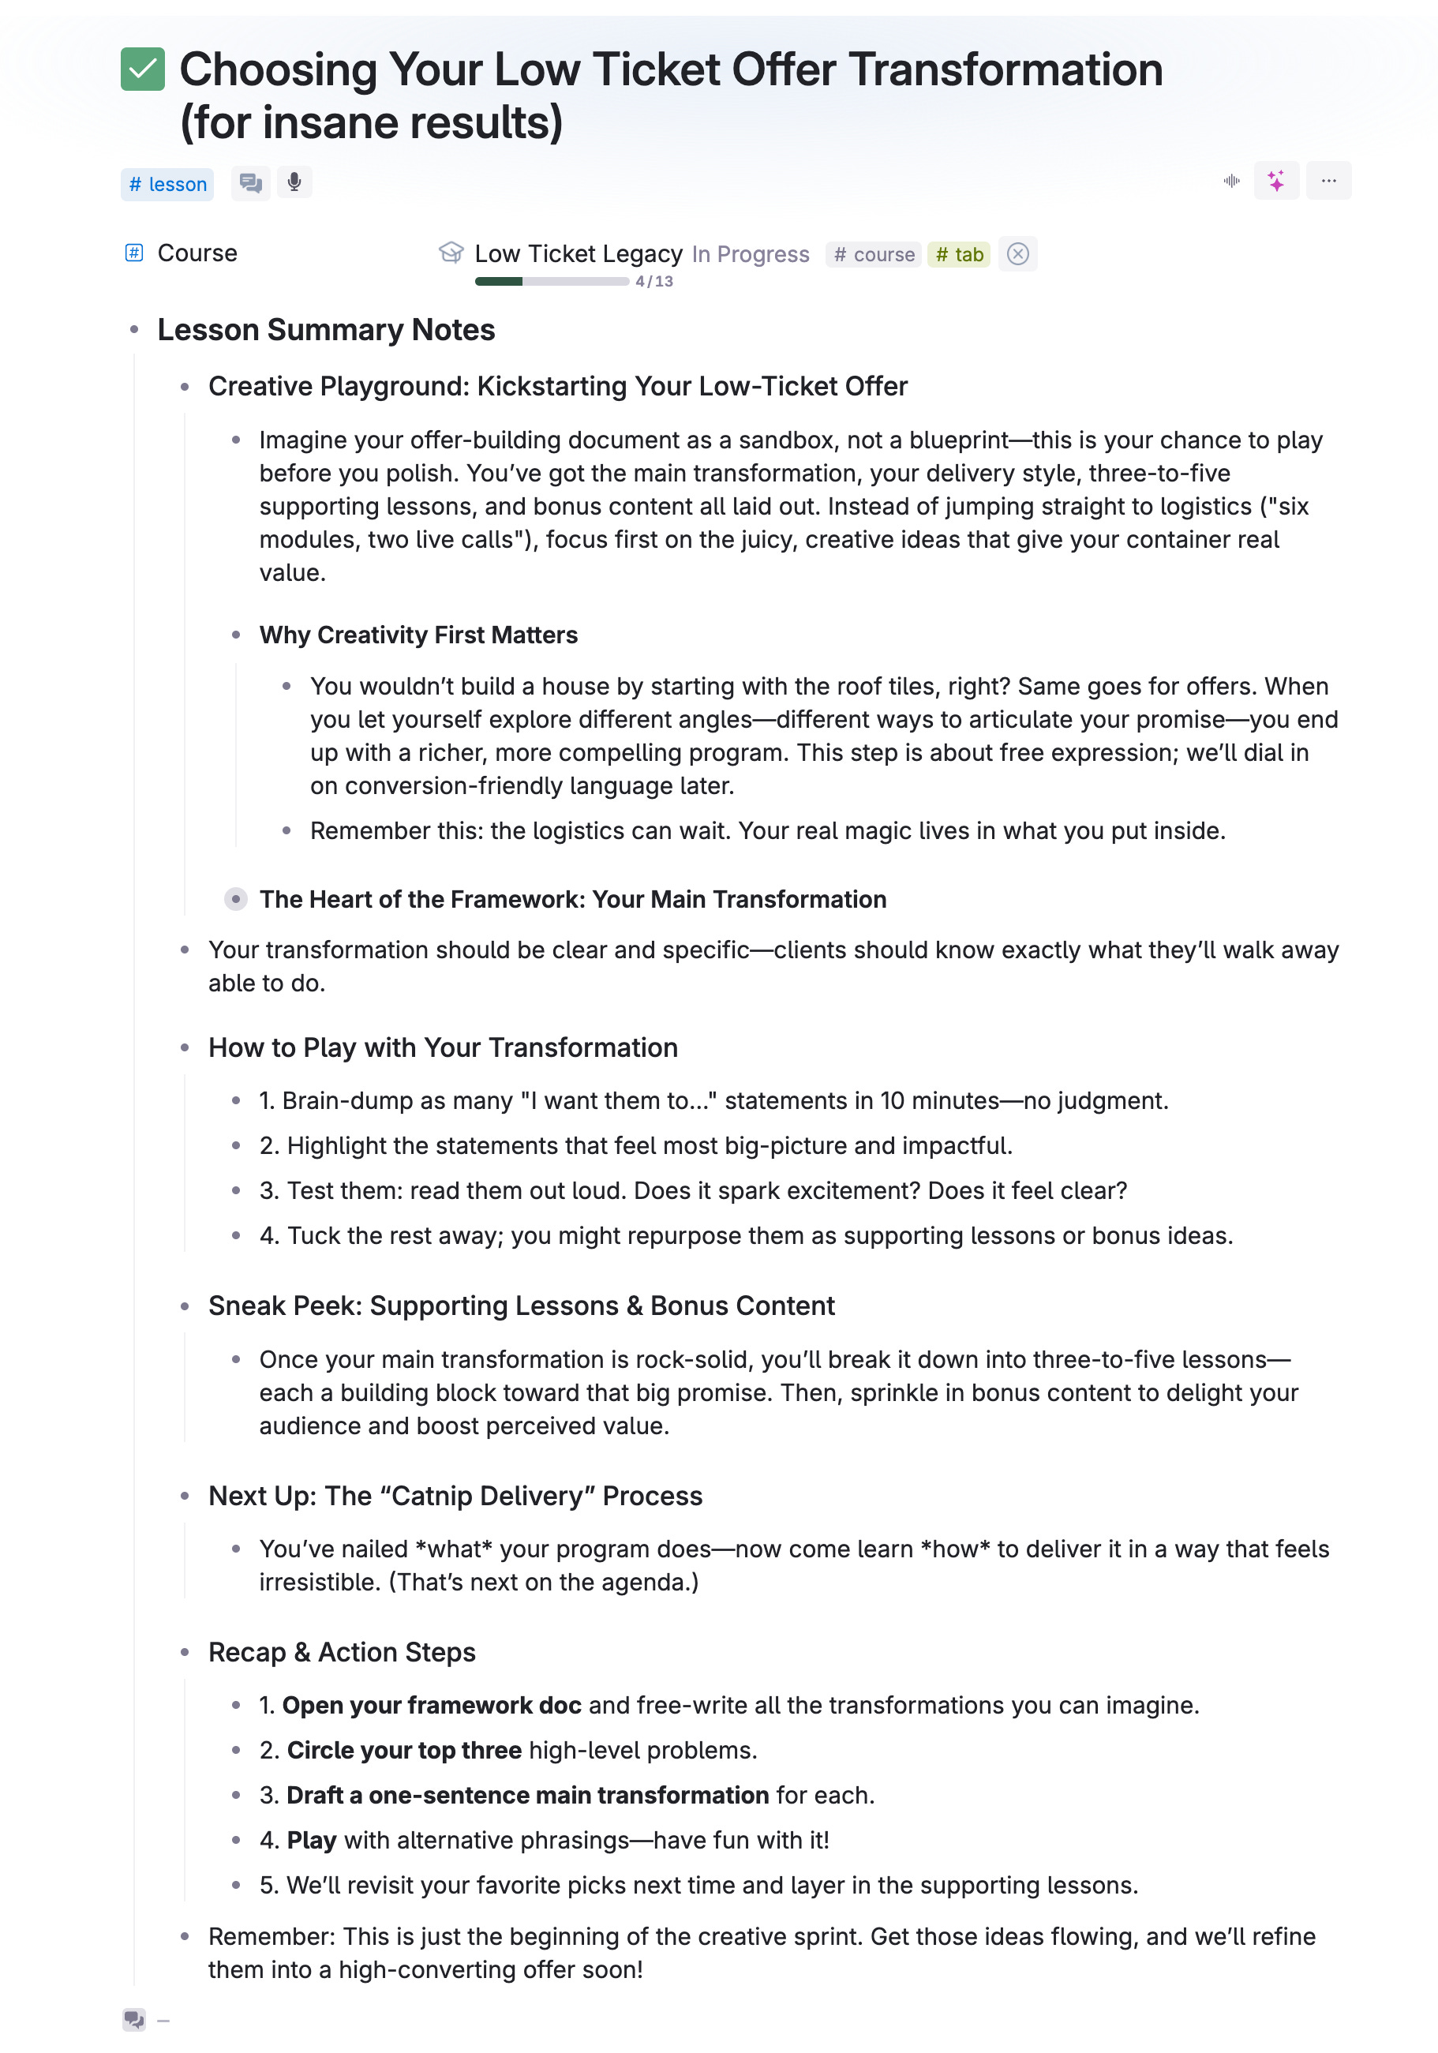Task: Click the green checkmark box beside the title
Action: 142,69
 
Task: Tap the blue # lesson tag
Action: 167,184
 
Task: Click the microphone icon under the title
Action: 294,183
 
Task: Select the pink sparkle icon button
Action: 1275,181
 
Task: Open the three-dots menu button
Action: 1328,181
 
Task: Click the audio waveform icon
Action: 1230,181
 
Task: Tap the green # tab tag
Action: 959,255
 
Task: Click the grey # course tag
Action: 873,255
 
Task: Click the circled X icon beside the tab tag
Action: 1017,255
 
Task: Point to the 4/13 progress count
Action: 653,282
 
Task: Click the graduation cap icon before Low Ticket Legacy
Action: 451,253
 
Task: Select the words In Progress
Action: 751,255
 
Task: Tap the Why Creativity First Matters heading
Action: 418,635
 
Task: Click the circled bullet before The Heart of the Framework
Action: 236,899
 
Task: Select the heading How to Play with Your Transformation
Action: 443,1047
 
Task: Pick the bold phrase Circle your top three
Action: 404,1750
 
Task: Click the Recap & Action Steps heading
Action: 342,1652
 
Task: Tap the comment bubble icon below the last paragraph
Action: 134,2019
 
